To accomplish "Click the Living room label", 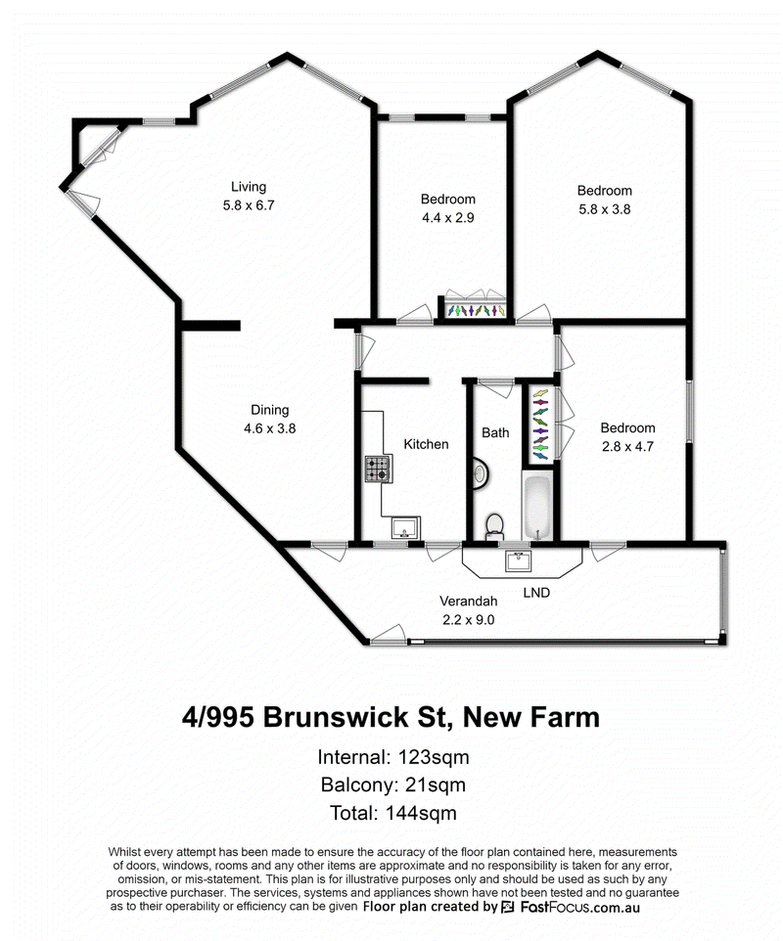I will point(249,187).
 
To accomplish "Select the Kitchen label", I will point(426,444).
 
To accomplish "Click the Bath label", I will point(495,432).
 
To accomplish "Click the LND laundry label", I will point(536,593).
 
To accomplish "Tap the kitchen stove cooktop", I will point(378,470).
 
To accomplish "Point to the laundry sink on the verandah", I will point(516,561).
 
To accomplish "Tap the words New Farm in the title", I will point(530,718).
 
